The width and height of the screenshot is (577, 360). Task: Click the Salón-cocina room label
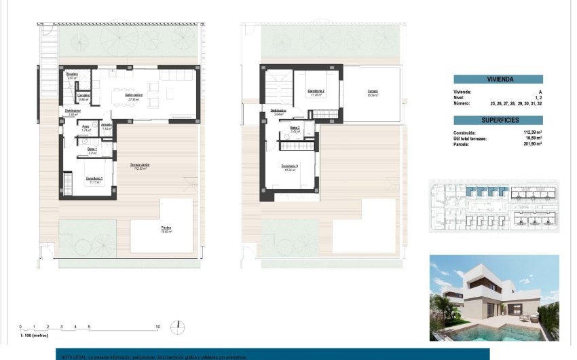(x=133, y=96)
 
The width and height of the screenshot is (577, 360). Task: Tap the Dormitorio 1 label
(x=94, y=178)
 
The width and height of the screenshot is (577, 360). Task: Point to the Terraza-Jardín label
(x=141, y=165)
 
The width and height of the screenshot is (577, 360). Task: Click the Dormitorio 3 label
(x=290, y=166)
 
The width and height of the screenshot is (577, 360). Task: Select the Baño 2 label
(x=295, y=128)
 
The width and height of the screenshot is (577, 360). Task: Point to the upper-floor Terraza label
(x=373, y=91)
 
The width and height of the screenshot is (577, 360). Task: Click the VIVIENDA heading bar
(x=498, y=79)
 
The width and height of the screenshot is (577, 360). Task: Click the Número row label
(x=463, y=103)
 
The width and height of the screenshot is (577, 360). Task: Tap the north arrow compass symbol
(x=179, y=327)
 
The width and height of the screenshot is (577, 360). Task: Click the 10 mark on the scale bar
(x=157, y=327)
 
